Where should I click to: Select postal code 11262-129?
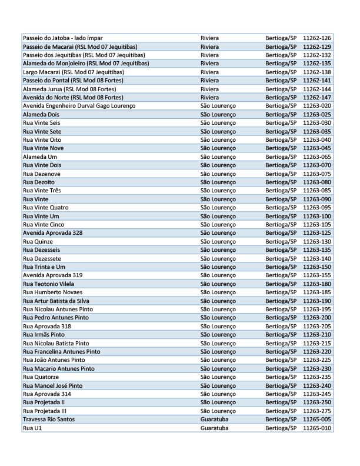click(x=317, y=46)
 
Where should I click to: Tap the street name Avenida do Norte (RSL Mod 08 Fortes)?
click(x=72, y=97)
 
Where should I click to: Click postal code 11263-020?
click(x=317, y=105)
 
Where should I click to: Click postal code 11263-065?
click(x=317, y=157)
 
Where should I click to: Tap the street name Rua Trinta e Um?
click(x=44, y=267)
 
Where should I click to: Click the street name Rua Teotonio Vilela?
click(x=48, y=284)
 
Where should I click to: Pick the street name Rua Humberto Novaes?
click(x=52, y=292)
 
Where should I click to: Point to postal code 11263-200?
click(x=317, y=318)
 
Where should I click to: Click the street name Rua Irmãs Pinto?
click(x=44, y=335)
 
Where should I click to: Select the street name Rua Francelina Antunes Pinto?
click(x=61, y=352)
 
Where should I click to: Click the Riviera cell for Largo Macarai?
click(x=210, y=72)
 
